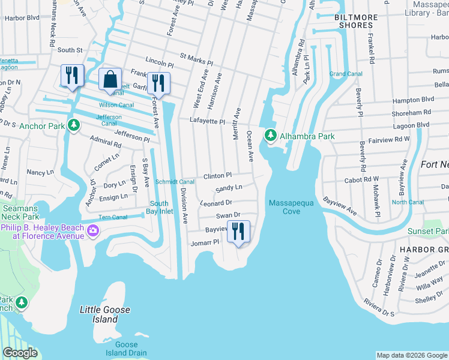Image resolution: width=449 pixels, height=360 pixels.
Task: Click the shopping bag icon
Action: tap(110, 79)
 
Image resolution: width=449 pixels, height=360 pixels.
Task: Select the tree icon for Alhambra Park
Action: tap(271, 136)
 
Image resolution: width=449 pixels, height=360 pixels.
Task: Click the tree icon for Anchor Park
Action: tap(74, 125)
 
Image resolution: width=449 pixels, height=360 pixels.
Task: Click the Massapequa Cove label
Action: tap(292, 207)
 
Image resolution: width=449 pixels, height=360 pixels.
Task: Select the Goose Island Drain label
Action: tap(127, 349)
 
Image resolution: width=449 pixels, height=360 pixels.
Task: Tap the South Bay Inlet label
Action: tap(161, 207)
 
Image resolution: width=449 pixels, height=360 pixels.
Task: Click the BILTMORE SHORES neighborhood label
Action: tap(358, 22)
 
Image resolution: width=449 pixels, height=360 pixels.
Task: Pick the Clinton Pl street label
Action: tap(217, 176)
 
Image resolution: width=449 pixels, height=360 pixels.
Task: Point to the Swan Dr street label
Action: tap(228, 215)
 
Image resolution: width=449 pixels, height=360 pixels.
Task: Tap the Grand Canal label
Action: tap(345, 74)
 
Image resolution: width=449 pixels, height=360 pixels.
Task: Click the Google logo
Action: tap(20, 353)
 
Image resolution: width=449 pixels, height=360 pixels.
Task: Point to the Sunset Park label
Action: tap(427, 231)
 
